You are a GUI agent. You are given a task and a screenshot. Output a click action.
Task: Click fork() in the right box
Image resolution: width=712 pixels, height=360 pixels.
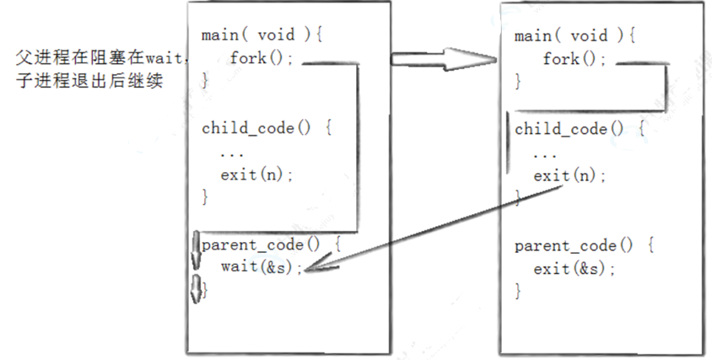(x=574, y=59)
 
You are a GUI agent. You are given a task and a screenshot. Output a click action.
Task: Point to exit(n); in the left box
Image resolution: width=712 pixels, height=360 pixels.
(x=257, y=175)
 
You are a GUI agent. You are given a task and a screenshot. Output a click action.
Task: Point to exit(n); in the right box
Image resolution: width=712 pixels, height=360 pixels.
(x=570, y=175)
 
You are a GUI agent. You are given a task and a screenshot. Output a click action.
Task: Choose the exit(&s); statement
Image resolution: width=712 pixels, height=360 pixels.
(x=574, y=269)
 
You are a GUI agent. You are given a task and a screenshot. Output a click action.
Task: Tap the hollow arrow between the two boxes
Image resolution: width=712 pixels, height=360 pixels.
(x=443, y=60)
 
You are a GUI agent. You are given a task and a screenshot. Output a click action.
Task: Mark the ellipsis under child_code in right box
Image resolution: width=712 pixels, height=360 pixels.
(x=545, y=154)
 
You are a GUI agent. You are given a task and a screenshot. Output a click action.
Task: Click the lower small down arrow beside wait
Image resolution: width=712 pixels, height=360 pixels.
(x=197, y=290)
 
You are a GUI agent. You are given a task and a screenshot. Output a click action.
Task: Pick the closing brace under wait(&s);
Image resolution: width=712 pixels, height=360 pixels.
(x=205, y=290)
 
